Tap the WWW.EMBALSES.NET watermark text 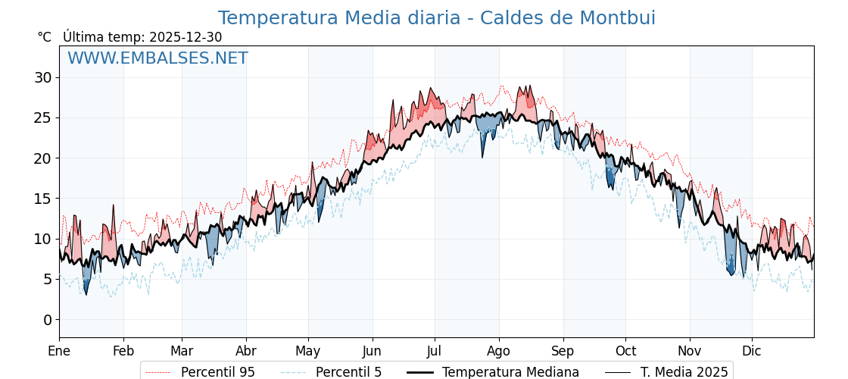click(157, 58)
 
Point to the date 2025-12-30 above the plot click(185, 37)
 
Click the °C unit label click(44, 37)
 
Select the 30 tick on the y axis click(42, 77)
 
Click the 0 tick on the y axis click(47, 320)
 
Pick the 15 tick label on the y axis click(42, 199)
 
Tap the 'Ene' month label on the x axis click(59, 351)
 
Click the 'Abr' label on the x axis click(246, 351)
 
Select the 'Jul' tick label click(435, 351)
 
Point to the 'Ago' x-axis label click(499, 351)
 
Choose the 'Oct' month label click(625, 351)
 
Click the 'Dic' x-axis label click(752, 351)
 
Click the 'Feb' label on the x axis click(123, 351)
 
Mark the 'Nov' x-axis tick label click(690, 351)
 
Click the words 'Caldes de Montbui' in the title click(580, 18)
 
